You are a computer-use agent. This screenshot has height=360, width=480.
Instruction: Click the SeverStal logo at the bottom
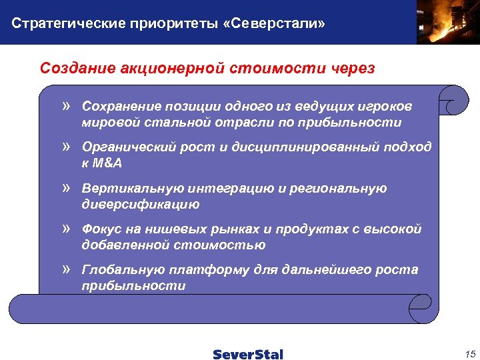[248, 354]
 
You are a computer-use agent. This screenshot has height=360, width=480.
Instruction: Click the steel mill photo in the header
[447, 22]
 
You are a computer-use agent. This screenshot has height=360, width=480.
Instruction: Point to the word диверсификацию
[141, 205]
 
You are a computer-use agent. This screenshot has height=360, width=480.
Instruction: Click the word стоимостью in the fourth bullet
[229, 245]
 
